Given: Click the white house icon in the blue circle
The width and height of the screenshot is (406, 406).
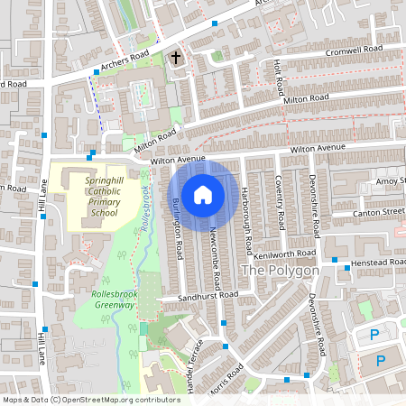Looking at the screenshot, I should [203, 194].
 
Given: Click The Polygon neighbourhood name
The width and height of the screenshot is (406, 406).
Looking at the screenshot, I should [280, 271].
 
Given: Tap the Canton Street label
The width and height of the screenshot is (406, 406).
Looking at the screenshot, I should [380, 212].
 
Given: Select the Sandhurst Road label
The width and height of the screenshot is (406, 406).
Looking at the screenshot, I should [207, 295].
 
